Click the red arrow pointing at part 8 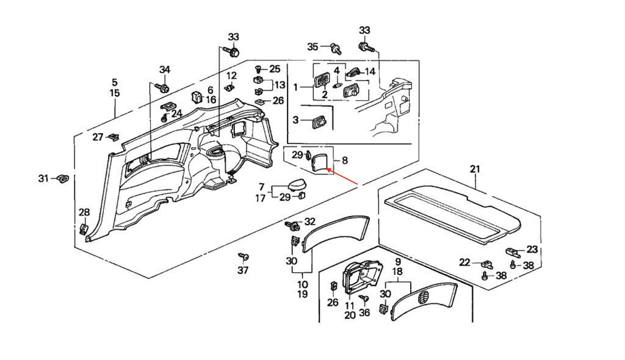click(x=342, y=177)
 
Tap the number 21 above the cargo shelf click(x=475, y=170)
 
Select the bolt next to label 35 click(x=336, y=49)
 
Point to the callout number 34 click(x=165, y=70)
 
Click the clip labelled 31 click(x=63, y=178)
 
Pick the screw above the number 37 click(x=243, y=256)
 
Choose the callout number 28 click(x=84, y=212)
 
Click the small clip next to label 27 click(x=114, y=137)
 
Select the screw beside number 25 click(x=258, y=68)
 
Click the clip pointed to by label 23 click(x=514, y=252)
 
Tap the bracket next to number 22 click(x=487, y=264)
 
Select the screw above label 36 click(x=364, y=298)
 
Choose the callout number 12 click(x=231, y=75)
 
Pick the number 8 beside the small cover click(x=345, y=160)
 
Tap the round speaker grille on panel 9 click(x=424, y=297)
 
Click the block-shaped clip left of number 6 click(x=197, y=97)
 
